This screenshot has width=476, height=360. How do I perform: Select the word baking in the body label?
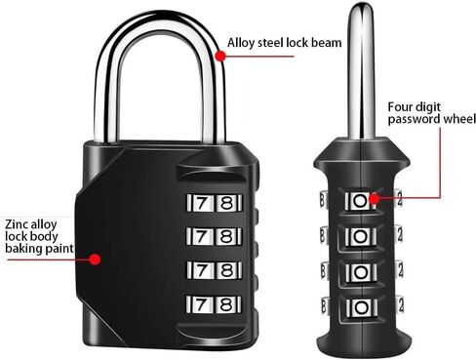[x=22, y=249]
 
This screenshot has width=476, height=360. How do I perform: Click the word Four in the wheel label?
[x=401, y=105]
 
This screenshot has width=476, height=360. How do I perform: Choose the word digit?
[x=435, y=105]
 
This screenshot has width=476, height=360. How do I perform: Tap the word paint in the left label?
[x=60, y=249]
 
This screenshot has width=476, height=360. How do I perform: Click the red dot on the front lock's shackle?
[x=221, y=57]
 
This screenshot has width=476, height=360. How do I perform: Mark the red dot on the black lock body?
[x=96, y=259]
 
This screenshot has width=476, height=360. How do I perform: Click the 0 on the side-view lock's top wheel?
[x=360, y=200]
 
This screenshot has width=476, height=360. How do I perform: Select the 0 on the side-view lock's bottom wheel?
[x=360, y=310]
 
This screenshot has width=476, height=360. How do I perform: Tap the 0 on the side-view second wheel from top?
[x=360, y=237]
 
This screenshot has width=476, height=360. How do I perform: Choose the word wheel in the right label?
[x=456, y=119]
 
